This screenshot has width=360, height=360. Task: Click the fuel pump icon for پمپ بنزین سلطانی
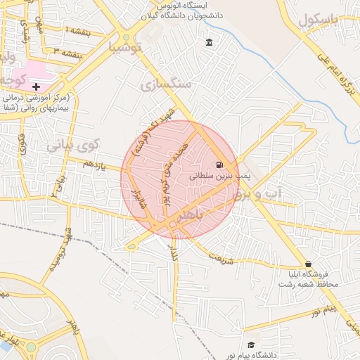pyautogui.click(x=211, y=165)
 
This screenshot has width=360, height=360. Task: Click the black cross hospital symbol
pyautogui.click(x=36, y=86)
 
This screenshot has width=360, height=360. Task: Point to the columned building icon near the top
pyautogui.click(x=210, y=44)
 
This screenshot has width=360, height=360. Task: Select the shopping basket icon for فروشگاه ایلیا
pyautogui.click(x=308, y=264)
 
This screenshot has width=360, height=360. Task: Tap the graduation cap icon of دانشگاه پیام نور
pyautogui.click(x=251, y=345)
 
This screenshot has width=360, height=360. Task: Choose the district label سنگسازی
pyautogui.click(x=165, y=85)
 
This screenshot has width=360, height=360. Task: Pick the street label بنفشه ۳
pyautogui.click(x=67, y=51)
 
